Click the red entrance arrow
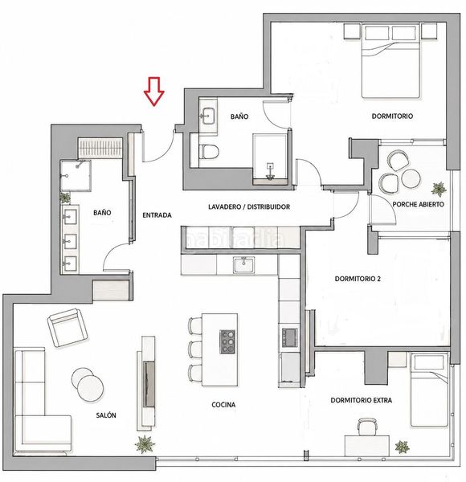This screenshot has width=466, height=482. click(154, 92)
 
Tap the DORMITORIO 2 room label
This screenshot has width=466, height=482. click(358, 279)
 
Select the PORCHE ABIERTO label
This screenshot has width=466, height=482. click(418, 204)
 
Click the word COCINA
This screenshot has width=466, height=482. click(223, 405)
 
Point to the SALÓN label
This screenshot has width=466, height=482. click(106, 415)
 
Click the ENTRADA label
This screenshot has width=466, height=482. click(157, 215)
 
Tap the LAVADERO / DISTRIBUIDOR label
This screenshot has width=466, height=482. click(249, 207)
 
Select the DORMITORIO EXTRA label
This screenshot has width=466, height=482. click(362, 400)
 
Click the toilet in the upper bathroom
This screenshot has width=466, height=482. click(209, 152)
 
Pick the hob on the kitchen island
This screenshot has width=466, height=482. click(227, 341)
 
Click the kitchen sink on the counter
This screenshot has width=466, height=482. click(243, 265)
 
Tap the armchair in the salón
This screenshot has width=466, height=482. click(67, 328)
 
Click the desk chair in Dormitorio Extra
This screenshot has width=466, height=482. click(367, 427)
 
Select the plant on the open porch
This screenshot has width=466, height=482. click(439, 189)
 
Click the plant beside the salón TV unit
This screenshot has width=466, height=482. click(145, 444)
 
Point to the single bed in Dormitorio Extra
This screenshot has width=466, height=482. click(429, 390)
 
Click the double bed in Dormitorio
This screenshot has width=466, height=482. click(390, 61)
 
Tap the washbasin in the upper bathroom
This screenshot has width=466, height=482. click(208, 115)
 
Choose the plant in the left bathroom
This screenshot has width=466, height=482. click(65, 198)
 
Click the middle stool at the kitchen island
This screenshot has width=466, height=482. click(195, 349)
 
